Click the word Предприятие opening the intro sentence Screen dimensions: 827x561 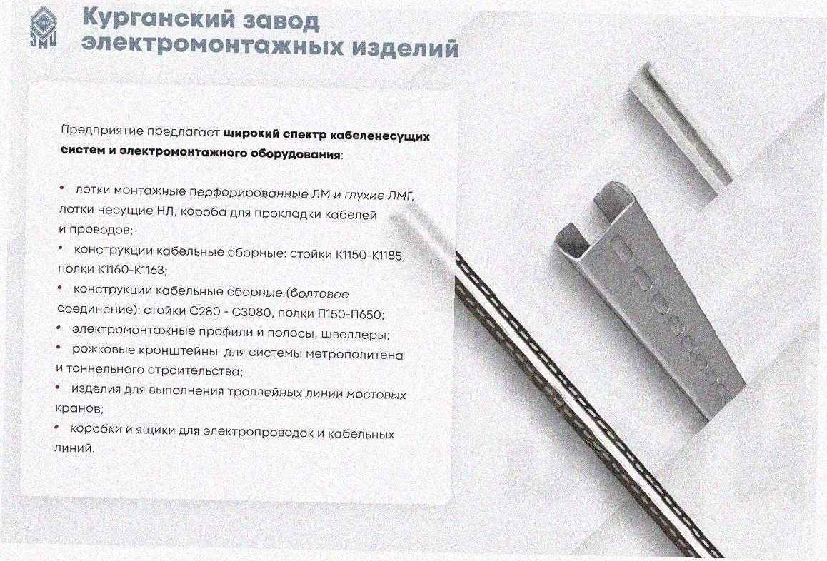click(102, 130)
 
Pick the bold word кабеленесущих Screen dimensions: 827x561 click(379, 136)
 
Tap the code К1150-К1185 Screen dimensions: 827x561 click(370, 255)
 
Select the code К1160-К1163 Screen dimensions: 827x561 click(132, 269)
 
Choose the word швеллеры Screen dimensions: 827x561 click(358, 334)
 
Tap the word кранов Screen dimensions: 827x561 click(78, 408)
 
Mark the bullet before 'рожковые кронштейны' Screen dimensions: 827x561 click(59, 348)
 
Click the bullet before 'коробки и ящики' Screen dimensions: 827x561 click(57, 427)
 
